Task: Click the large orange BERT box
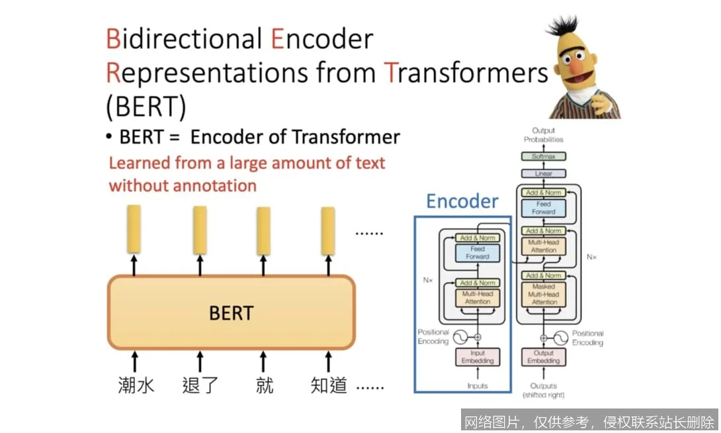pyautogui.click(x=231, y=312)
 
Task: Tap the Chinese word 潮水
pyautogui.click(x=136, y=385)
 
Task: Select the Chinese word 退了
pyautogui.click(x=200, y=385)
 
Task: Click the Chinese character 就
pyautogui.click(x=264, y=385)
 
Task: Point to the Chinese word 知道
pyautogui.click(x=329, y=385)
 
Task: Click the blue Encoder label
pyautogui.click(x=462, y=201)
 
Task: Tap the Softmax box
pyautogui.click(x=543, y=157)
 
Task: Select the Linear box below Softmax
pyautogui.click(x=543, y=173)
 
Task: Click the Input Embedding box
pyautogui.click(x=477, y=358)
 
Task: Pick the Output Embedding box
pyautogui.click(x=544, y=358)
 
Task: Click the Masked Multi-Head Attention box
pyautogui.click(x=544, y=295)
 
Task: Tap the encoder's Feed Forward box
pyautogui.click(x=477, y=253)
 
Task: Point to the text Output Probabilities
pyautogui.click(x=543, y=135)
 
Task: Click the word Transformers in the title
pyautogui.click(x=466, y=73)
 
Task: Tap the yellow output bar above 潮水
pyautogui.click(x=134, y=228)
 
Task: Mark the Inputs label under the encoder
pyautogui.click(x=477, y=386)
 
